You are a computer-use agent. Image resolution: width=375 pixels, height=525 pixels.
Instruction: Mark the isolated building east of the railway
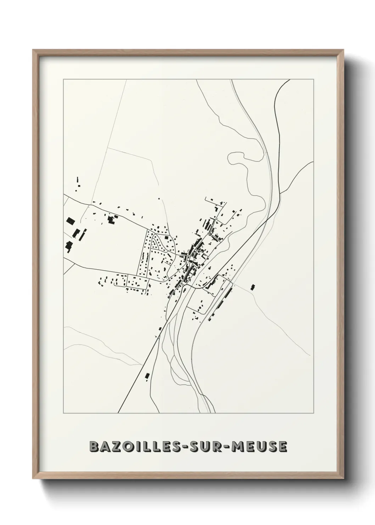pos(253,287)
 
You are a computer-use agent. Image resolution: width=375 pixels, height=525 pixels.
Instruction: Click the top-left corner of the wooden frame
pos(33,50)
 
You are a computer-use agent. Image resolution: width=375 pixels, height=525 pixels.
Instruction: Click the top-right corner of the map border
pos(314,79)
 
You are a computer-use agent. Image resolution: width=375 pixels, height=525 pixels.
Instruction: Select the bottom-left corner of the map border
pos(63,413)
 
